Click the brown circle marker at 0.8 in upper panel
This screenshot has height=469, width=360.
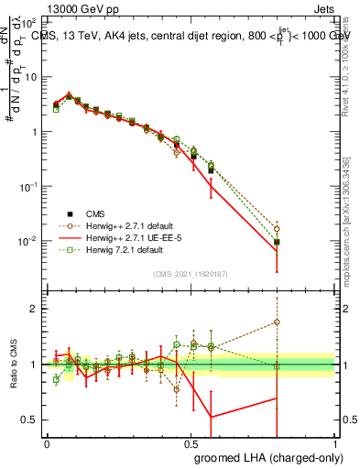277,229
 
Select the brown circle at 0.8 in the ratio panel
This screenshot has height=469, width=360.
277,322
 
